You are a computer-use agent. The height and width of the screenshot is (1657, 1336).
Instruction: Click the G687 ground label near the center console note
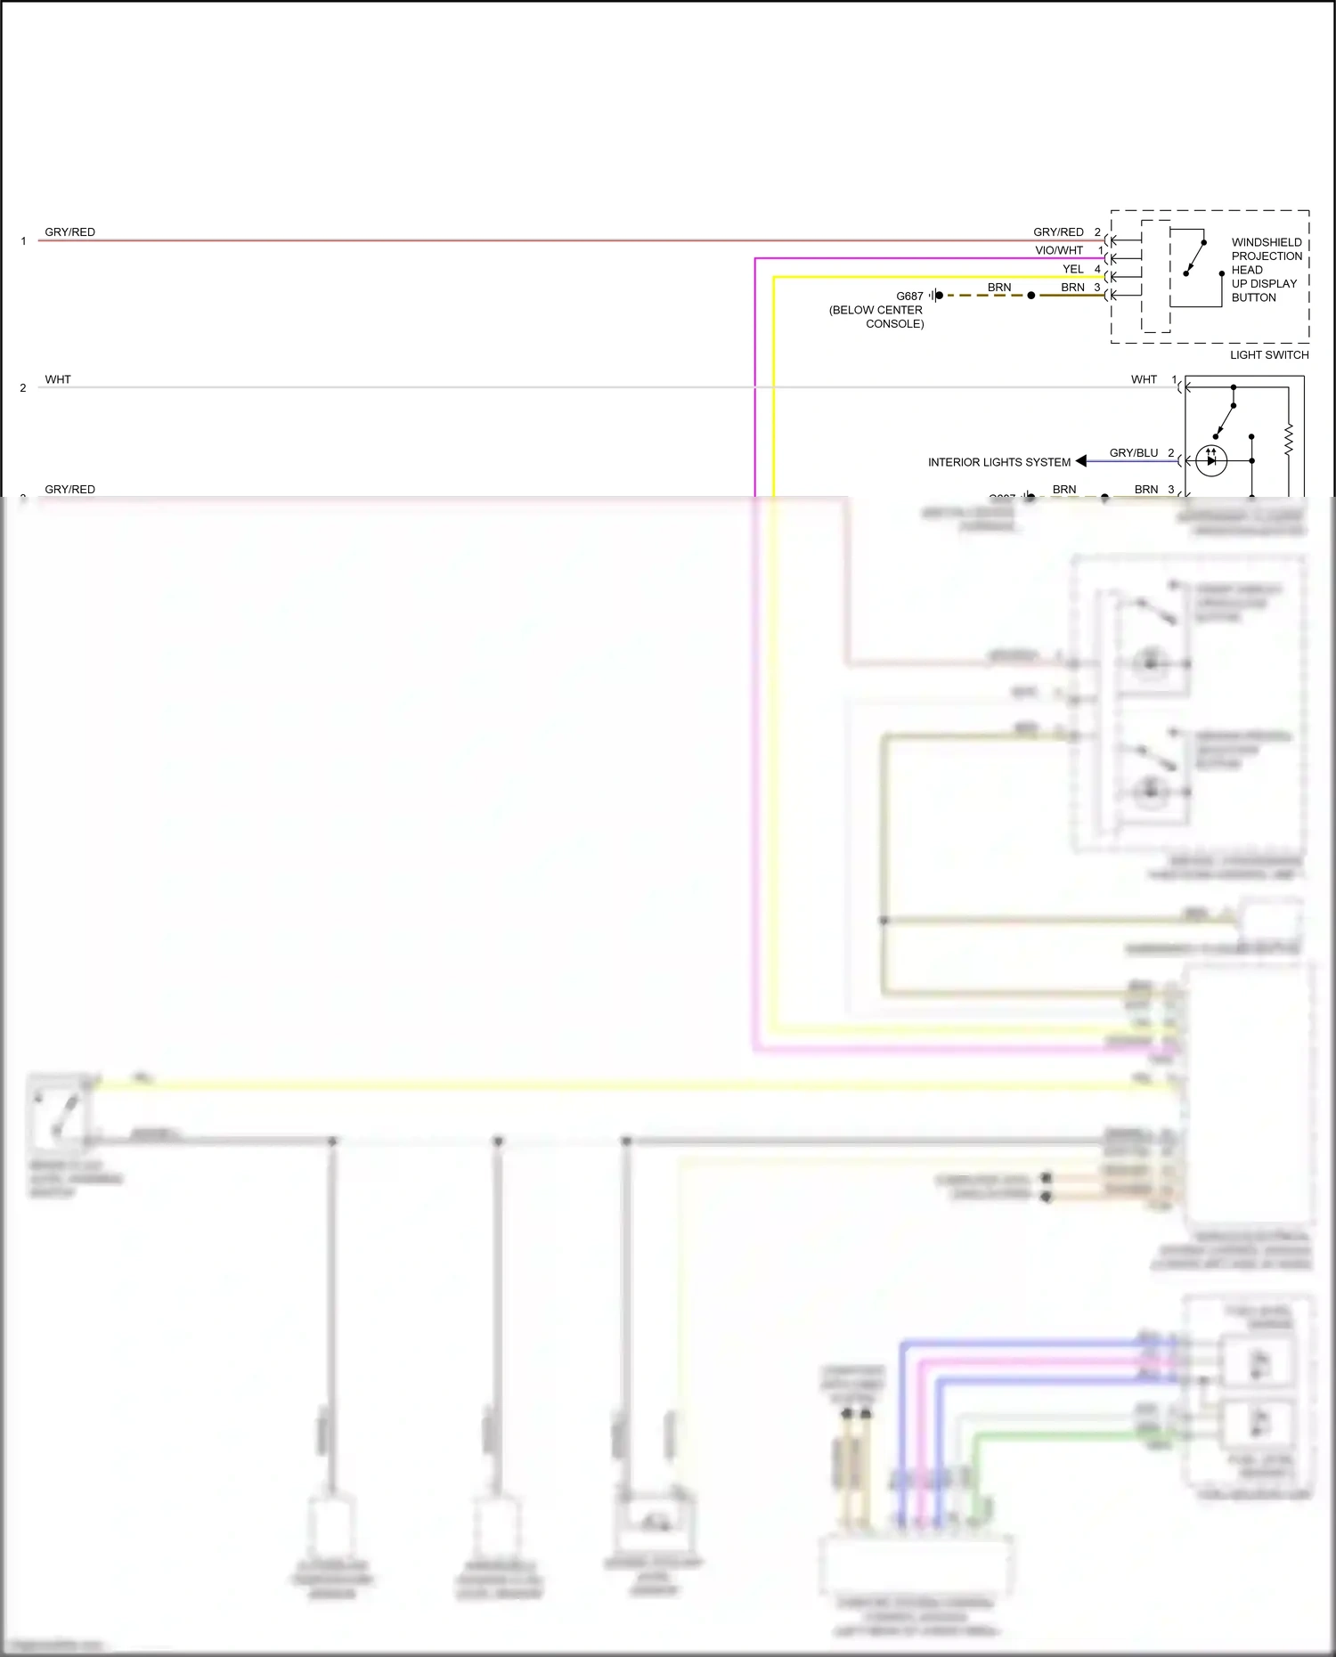tap(909, 296)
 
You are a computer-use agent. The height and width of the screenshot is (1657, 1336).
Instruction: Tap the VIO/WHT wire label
tap(1059, 251)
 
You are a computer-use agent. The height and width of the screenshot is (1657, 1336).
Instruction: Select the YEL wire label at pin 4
tap(1072, 269)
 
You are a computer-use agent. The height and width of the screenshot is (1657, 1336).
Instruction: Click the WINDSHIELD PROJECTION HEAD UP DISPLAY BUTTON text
tap(1266, 270)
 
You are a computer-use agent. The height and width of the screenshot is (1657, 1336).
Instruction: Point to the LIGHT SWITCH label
tap(1269, 354)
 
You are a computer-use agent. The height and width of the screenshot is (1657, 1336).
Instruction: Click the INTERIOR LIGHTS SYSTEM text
tap(998, 462)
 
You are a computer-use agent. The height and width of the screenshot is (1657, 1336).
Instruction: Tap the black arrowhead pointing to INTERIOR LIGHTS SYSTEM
tap(1081, 461)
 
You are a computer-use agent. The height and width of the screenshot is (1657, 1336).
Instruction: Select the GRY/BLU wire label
tap(1133, 453)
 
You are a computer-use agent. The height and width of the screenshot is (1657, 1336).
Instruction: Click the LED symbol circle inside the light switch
tap(1211, 460)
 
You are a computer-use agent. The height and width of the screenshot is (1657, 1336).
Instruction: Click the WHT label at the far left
tap(58, 379)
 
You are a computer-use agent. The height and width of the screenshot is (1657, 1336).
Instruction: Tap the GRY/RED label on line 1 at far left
tap(69, 232)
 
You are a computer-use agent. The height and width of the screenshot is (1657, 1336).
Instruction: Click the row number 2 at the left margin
tap(23, 388)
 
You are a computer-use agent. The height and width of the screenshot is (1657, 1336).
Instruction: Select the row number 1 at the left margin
tap(23, 241)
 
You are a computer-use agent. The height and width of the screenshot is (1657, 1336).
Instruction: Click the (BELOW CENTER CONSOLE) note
tap(876, 317)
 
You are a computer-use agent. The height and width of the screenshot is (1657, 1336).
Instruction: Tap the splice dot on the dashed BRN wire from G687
tap(1031, 296)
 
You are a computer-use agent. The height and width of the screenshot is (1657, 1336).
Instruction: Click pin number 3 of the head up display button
tap(1097, 288)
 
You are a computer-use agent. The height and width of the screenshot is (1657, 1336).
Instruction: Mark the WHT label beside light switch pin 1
tap(1144, 379)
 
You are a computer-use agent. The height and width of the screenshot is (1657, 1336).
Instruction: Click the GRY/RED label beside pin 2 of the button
tap(1058, 232)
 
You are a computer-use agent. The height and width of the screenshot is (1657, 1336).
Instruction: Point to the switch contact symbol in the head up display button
tap(1194, 258)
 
